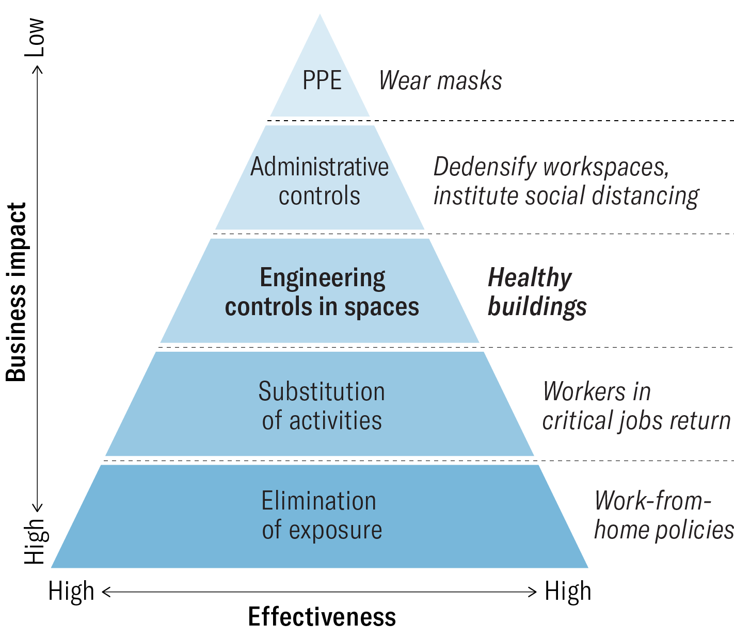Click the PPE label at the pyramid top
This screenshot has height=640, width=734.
point(322,81)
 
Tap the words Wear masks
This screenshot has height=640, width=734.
point(440,81)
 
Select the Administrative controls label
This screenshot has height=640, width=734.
point(320,181)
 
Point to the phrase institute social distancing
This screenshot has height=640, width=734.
point(566,196)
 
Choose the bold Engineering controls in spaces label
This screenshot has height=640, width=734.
point(322,292)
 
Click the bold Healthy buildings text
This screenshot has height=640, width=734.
point(537,292)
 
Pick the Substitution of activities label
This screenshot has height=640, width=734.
point(322,406)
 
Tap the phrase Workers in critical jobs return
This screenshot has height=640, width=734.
point(636,406)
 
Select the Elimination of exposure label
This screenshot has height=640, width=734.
point(322,515)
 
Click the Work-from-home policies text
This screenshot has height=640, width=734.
point(663,515)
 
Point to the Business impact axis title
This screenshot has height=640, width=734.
point(17,292)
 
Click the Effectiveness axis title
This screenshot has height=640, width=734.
point(322,617)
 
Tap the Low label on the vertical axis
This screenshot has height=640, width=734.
point(36,37)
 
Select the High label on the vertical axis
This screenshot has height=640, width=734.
point(36,540)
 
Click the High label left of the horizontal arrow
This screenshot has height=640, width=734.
point(71,591)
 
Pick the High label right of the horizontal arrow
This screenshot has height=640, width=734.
point(568,591)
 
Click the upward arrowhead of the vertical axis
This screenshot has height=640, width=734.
point(37,69)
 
